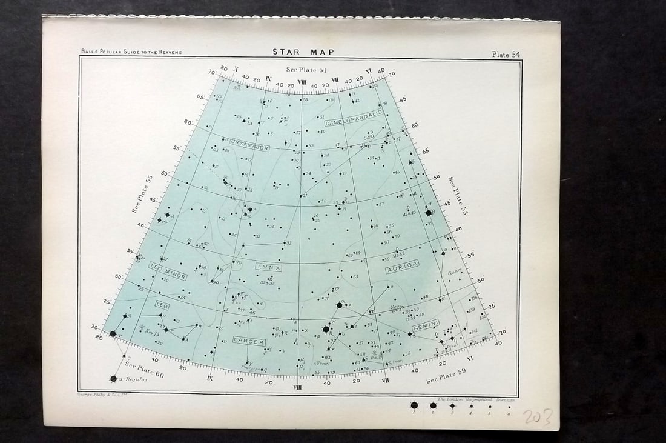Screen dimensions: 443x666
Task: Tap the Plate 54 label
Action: [x=506, y=54]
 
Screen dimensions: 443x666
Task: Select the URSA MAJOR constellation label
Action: [x=249, y=145]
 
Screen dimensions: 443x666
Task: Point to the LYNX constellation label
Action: [x=268, y=267]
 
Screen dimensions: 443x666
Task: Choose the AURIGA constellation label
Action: [x=402, y=267]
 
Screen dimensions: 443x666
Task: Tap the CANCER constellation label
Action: [x=249, y=342]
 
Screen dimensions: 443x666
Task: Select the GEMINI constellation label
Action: [x=426, y=325]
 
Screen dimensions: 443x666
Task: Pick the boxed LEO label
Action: [x=162, y=304]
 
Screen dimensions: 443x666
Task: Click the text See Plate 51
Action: [x=306, y=70]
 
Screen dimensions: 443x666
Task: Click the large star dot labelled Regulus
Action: [x=113, y=379]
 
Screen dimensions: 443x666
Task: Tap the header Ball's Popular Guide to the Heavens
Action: [x=131, y=52]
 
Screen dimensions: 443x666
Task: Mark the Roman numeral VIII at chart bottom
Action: [x=297, y=387]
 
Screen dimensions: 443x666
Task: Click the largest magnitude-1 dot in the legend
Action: [x=414, y=405]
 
